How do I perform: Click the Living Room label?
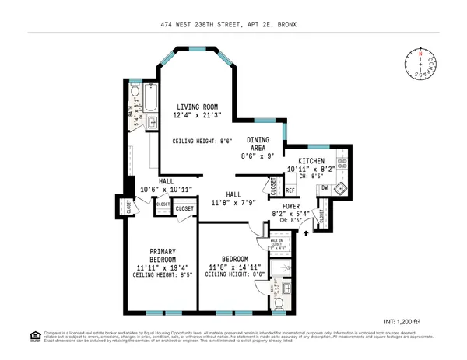tap(196, 107)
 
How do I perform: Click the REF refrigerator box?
tap(290, 190)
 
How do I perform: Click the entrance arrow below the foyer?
tap(306, 231)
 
